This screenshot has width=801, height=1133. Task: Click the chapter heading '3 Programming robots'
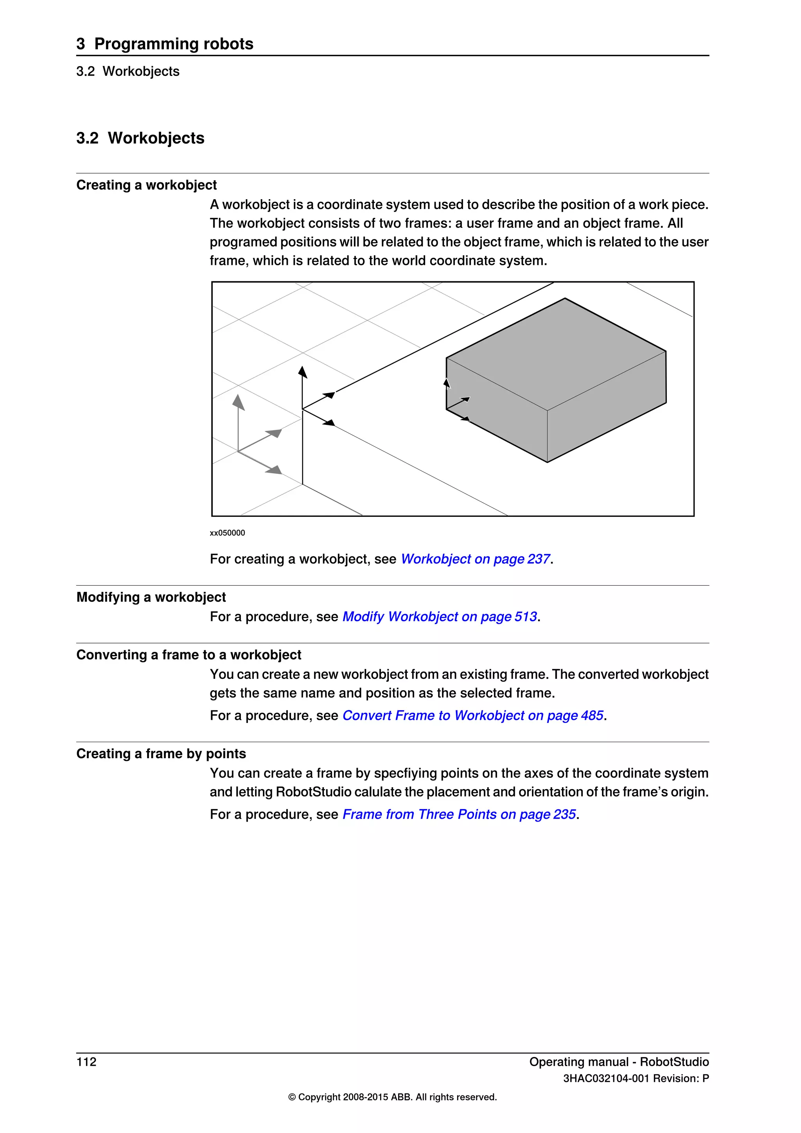pyautogui.click(x=165, y=43)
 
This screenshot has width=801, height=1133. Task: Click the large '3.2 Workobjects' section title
pyautogui.click(x=140, y=138)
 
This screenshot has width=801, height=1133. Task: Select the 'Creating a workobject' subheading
pyautogui.click(x=147, y=185)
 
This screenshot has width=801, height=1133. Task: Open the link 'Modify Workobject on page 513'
pyautogui.click(x=440, y=617)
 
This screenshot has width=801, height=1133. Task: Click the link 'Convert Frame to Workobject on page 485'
pyautogui.click(x=472, y=716)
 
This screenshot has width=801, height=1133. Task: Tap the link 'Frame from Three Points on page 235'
pyautogui.click(x=459, y=814)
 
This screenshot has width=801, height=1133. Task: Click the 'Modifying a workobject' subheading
pyautogui.click(x=151, y=597)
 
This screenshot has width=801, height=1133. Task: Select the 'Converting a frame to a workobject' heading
pyautogui.click(x=189, y=655)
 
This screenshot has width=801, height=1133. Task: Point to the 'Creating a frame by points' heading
pyautogui.click(x=161, y=754)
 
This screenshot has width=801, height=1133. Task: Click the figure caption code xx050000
pyautogui.click(x=227, y=533)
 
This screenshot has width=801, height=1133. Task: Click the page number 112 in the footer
pyautogui.click(x=86, y=1062)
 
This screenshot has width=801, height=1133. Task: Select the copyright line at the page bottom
pyautogui.click(x=392, y=1097)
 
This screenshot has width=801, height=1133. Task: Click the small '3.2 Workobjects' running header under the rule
pyautogui.click(x=128, y=72)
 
